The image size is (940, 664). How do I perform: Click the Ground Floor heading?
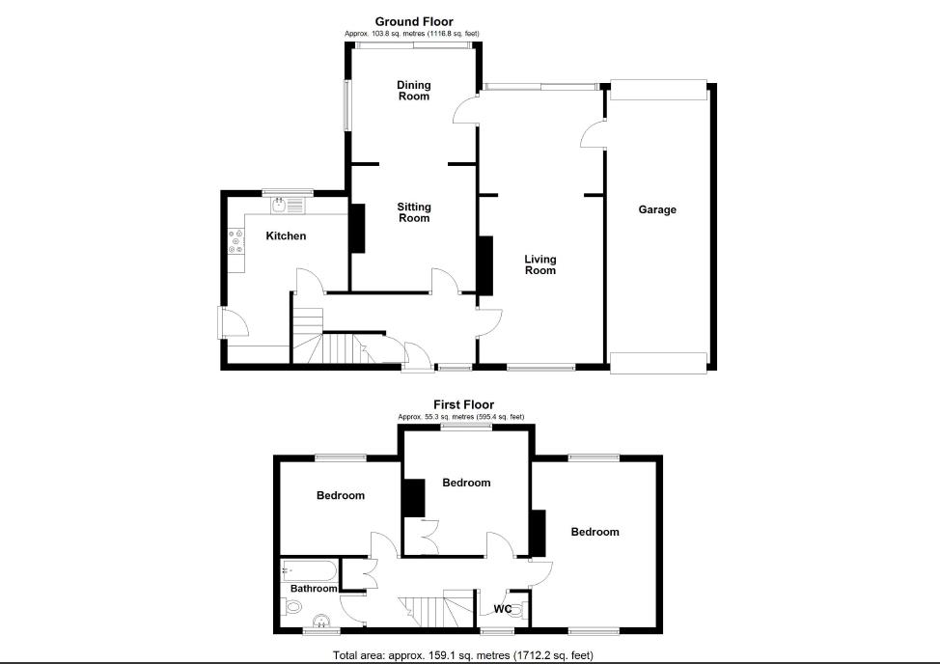pyautogui.click(x=413, y=21)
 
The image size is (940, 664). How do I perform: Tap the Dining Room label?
pyautogui.click(x=413, y=91)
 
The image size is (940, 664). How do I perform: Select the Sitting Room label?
pyautogui.click(x=414, y=212)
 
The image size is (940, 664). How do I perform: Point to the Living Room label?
pyautogui.click(x=540, y=264)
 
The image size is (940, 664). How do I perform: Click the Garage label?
pyautogui.click(x=656, y=209)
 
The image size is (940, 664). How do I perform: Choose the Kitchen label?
pyautogui.click(x=286, y=235)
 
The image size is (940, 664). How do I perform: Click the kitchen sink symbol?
pyautogui.click(x=287, y=204)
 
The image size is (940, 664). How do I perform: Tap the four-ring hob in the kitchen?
pyautogui.click(x=235, y=241)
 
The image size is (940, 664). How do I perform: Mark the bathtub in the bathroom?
pyautogui.click(x=309, y=569)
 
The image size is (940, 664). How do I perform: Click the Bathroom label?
pyautogui.click(x=314, y=588)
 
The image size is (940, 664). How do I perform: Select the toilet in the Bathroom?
pyautogui.click(x=293, y=607)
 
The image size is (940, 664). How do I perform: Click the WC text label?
pyautogui.click(x=502, y=609)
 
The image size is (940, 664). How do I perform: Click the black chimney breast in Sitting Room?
pyautogui.click(x=357, y=229)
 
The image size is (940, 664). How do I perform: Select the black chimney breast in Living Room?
pyautogui.click(x=485, y=265)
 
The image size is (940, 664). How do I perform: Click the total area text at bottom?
pyautogui.click(x=463, y=654)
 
